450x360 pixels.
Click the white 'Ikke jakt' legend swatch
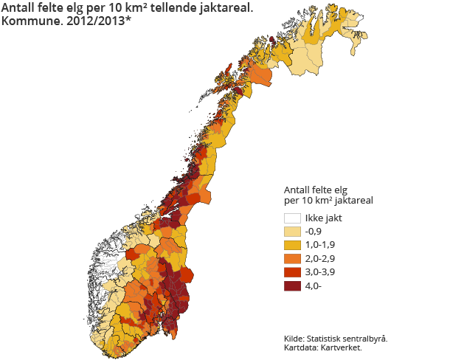coord(293,218)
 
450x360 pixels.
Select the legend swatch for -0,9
coord(293,232)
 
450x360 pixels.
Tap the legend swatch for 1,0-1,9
coord(293,246)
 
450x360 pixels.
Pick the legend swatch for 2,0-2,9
coord(293,259)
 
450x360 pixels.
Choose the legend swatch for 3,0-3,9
coord(293,273)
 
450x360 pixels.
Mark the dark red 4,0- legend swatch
coord(293,286)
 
